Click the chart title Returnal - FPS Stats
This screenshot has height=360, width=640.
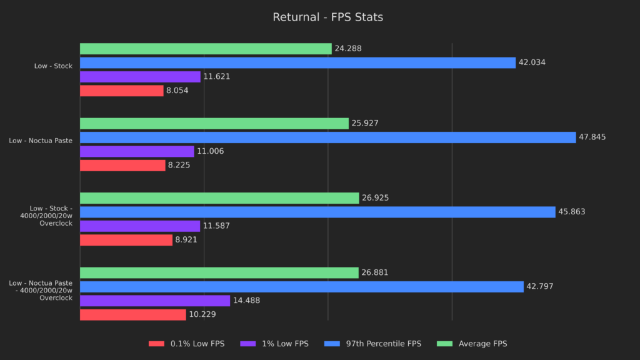(327, 17)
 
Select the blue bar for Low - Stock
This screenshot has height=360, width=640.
(297, 62)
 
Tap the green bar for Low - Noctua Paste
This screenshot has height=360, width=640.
(214, 123)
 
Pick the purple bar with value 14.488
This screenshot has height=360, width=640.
(155, 301)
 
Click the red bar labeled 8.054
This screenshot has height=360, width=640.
(121, 91)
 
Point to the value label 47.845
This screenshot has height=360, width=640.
(592, 137)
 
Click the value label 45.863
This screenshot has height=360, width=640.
(571, 212)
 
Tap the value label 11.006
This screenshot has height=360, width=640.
(210, 151)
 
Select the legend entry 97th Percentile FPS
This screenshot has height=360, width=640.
(382, 344)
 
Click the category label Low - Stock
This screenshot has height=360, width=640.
(53, 66)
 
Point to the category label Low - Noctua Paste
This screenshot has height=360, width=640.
(41, 141)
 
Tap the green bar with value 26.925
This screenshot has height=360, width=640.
(219, 198)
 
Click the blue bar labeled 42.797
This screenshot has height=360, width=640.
(301, 286)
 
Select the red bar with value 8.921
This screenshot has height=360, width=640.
(126, 240)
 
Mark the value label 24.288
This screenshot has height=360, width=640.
(347, 49)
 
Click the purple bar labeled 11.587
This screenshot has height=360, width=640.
(140, 226)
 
